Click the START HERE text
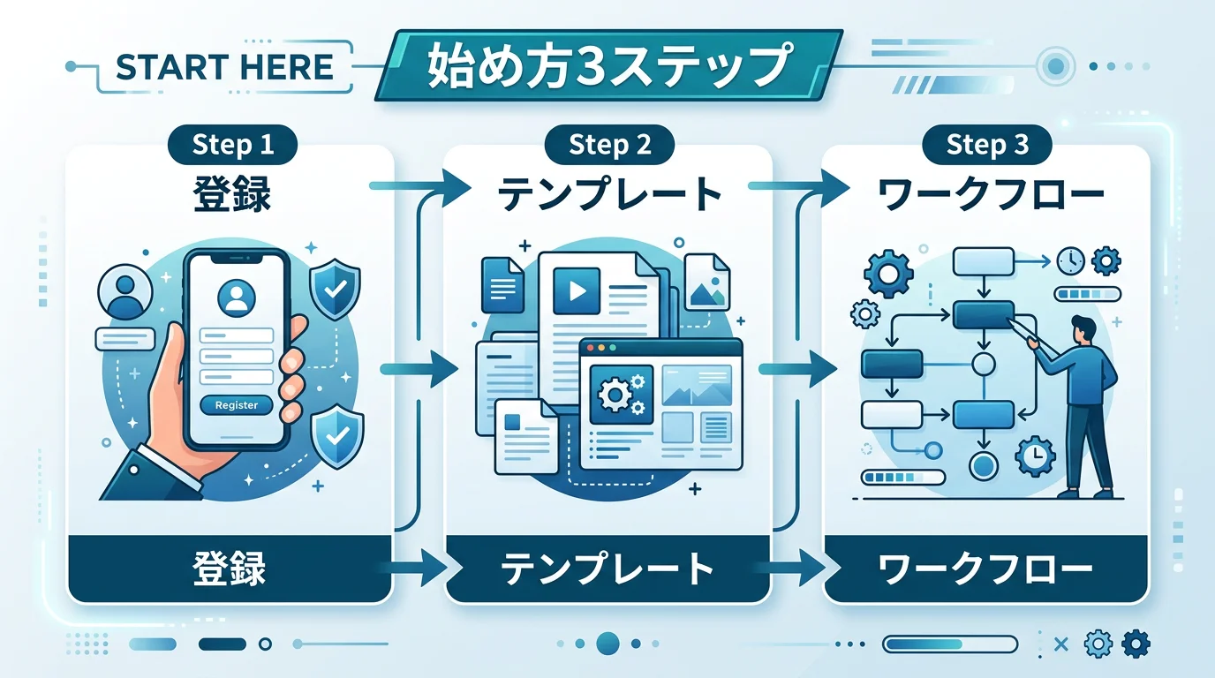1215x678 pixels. click(224, 67)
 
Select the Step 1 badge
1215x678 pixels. click(233, 145)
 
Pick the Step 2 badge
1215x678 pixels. click(610, 145)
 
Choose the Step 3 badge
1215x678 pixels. click(987, 145)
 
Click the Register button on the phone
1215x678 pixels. click(237, 405)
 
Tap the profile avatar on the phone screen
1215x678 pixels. click(236, 298)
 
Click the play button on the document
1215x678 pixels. click(576, 292)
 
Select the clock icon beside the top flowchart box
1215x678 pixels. click(1070, 260)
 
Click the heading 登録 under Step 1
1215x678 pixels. click(231, 196)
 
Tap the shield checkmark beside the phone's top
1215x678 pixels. click(336, 289)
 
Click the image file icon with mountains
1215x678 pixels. click(706, 282)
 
